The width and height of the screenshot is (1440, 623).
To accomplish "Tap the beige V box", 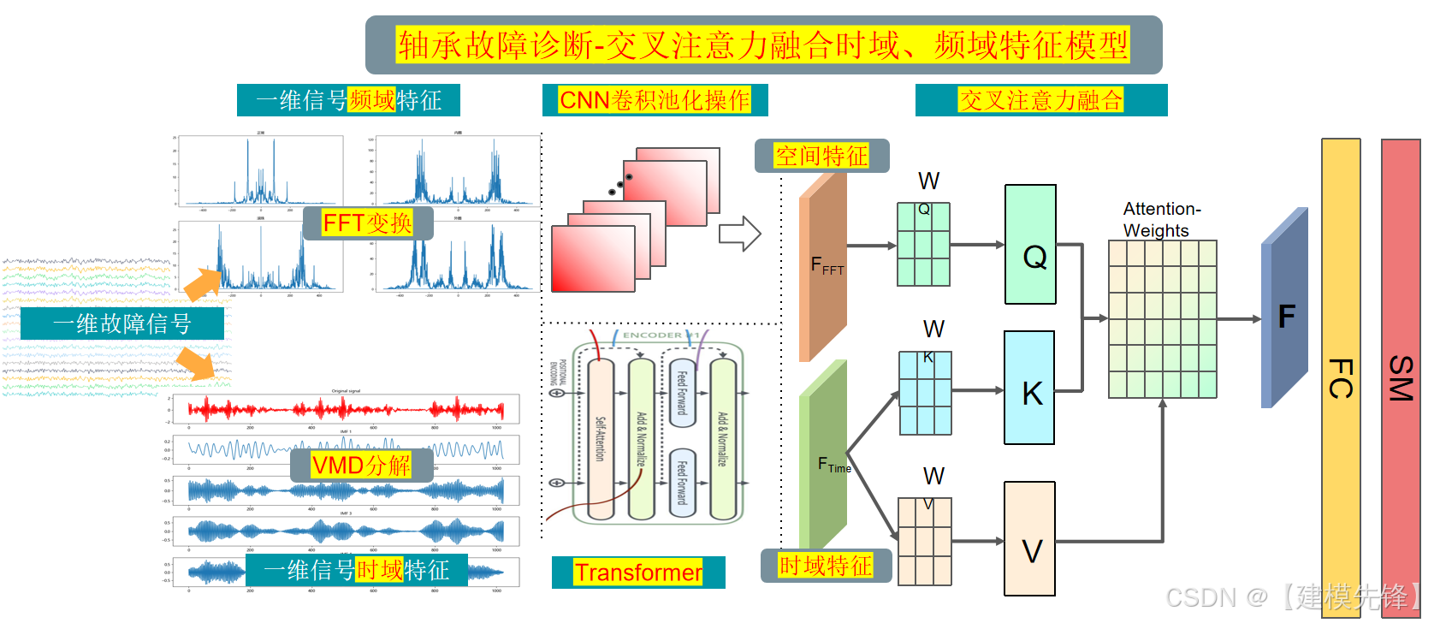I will pyautogui.click(x=1029, y=539).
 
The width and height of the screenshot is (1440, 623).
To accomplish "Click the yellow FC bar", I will pyautogui.click(x=1341, y=377).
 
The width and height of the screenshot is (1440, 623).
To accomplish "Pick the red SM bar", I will pyautogui.click(x=1401, y=377).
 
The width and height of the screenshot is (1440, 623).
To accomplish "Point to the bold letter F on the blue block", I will pyautogui.click(x=1286, y=317).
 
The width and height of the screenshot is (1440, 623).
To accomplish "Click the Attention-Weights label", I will pyautogui.click(x=1161, y=220).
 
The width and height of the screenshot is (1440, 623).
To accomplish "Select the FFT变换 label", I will pyautogui.click(x=367, y=223).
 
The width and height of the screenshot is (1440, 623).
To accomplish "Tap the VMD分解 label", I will pyautogui.click(x=360, y=466).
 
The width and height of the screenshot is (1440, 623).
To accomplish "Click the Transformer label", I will pyautogui.click(x=638, y=573).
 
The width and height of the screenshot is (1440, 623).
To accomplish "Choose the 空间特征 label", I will pyautogui.click(x=821, y=156).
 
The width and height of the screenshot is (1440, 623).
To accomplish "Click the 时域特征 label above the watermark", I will pyautogui.click(x=826, y=566).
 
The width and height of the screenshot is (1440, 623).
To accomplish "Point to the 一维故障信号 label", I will pyautogui.click(x=121, y=323).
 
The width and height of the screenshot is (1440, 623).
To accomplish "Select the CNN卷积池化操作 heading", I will pyautogui.click(x=655, y=100).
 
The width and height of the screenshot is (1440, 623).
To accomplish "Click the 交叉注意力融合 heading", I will pyautogui.click(x=1040, y=100).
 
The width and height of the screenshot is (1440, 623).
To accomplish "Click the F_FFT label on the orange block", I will pyautogui.click(x=827, y=266).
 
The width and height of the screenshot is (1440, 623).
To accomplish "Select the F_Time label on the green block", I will pyautogui.click(x=834, y=465).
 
